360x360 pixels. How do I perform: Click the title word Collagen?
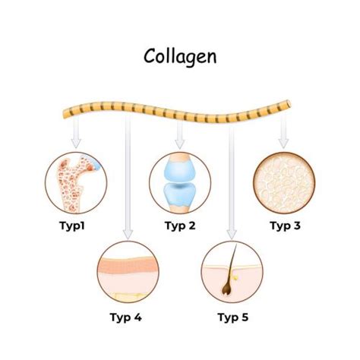[180, 57]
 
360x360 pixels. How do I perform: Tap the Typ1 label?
[72, 226]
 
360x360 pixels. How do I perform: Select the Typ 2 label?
[180, 226]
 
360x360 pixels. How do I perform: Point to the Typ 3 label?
[286, 226]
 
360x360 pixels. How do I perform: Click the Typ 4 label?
[126, 317]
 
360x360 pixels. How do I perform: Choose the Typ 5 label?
[233, 317]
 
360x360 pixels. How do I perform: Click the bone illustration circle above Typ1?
[76, 183]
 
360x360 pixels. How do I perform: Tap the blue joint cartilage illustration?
[180, 183]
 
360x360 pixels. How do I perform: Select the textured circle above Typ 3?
[284, 183]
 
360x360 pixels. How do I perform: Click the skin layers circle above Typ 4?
[128, 272]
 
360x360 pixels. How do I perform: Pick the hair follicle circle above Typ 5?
[232, 272]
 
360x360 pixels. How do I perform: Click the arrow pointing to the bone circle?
[76, 132]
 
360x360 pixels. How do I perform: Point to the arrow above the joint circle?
[180, 134]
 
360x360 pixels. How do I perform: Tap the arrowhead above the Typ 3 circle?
[283, 144]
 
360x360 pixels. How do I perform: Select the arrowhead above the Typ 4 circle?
[128, 234]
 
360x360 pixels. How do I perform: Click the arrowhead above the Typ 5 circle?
[232, 234]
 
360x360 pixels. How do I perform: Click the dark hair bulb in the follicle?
[227, 289]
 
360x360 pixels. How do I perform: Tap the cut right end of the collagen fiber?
[289, 104]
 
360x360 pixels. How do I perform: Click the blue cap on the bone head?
[96, 165]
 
